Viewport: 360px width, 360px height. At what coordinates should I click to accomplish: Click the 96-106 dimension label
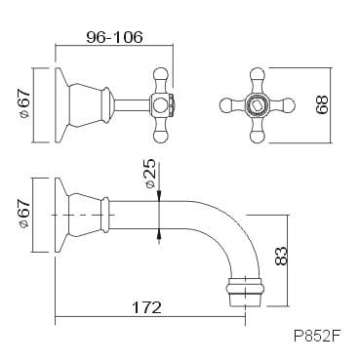(x=114, y=37)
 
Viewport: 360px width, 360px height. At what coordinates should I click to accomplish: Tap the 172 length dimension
(x=146, y=307)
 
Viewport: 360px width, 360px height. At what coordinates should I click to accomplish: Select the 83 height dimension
(x=281, y=256)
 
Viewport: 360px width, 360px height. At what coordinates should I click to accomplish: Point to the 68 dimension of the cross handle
(x=322, y=104)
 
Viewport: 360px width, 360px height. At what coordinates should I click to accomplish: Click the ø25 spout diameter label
(x=150, y=174)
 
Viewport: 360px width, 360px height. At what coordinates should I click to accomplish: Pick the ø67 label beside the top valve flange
(x=24, y=103)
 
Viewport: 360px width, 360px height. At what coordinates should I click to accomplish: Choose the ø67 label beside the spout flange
(x=24, y=214)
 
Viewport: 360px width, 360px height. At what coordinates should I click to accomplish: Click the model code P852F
(x=317, y=337)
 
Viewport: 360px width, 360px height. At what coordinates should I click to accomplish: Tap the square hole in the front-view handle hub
(x=257, y=105)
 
